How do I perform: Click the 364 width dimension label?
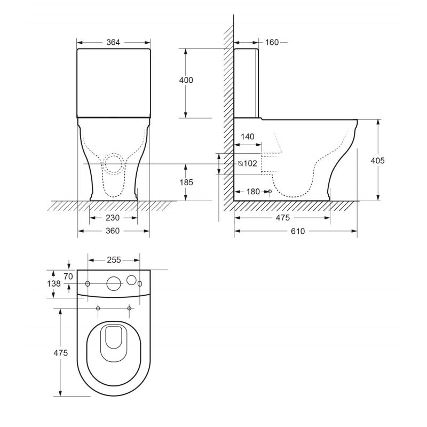(x=113, y=43)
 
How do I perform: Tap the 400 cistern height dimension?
(x=186, y=80)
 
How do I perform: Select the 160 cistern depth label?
(x=272, y=43)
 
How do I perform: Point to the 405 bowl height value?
(x=378, y=161)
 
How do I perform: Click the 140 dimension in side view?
(x=248, y=137)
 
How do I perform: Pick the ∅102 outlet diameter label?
(x=247, y=163)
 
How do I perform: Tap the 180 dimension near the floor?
(x=253, y=192)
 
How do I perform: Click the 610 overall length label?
(x=298, y=231)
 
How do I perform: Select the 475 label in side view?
(x=283, y=218)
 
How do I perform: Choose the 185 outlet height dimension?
(x=186, y=182)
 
